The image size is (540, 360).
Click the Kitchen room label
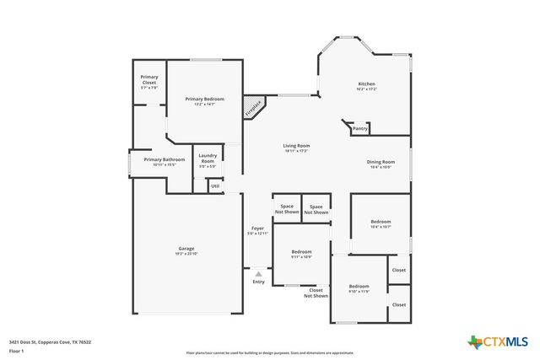366,84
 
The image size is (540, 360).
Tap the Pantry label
360,129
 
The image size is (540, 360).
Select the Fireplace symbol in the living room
253,108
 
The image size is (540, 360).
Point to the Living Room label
296,146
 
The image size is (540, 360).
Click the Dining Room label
381,162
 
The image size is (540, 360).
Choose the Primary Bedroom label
204,99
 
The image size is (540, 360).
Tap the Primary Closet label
148,83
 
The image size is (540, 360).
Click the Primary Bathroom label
164,159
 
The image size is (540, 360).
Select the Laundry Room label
208,158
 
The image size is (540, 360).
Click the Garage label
186,249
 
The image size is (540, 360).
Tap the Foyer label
257,229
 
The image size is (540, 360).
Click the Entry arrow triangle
258,273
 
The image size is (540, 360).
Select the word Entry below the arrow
258,282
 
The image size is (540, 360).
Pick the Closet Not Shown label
316,293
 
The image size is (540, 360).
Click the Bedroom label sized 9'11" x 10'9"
302,252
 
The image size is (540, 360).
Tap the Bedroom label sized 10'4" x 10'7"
381,223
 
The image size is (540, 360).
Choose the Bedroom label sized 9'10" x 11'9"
359,287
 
